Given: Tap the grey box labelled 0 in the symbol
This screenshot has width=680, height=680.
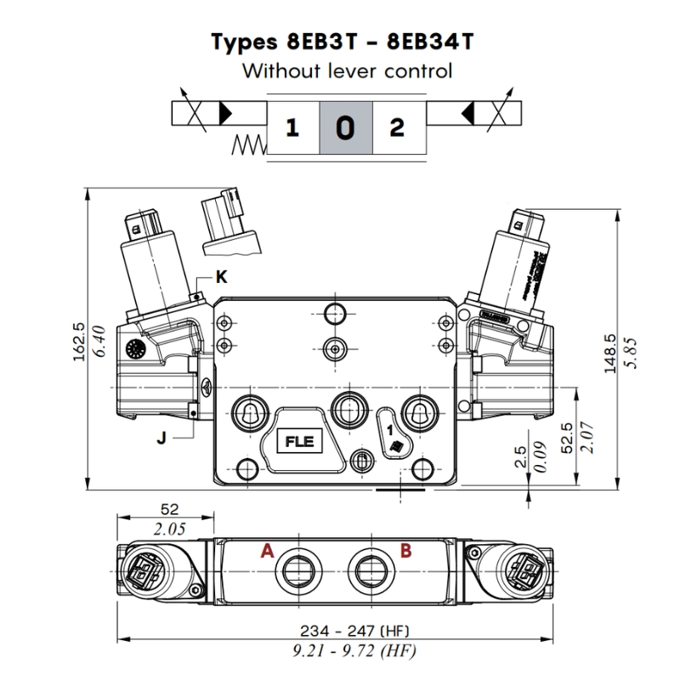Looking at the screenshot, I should coord(344,128).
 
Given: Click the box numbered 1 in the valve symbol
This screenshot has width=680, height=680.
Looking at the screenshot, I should coord(292,128).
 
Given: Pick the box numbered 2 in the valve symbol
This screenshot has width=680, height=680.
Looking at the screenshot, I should coord(396,128).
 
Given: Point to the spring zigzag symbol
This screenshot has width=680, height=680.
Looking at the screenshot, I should coord(248,146).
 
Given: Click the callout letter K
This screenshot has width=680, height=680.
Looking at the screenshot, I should coord(221,276).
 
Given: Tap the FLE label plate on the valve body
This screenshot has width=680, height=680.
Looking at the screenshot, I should coord(298,442).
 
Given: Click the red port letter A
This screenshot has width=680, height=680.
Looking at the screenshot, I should coord(267,551).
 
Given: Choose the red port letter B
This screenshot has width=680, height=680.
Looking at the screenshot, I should coord(405,551).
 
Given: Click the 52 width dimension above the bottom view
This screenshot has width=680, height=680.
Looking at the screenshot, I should coord(170,509).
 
